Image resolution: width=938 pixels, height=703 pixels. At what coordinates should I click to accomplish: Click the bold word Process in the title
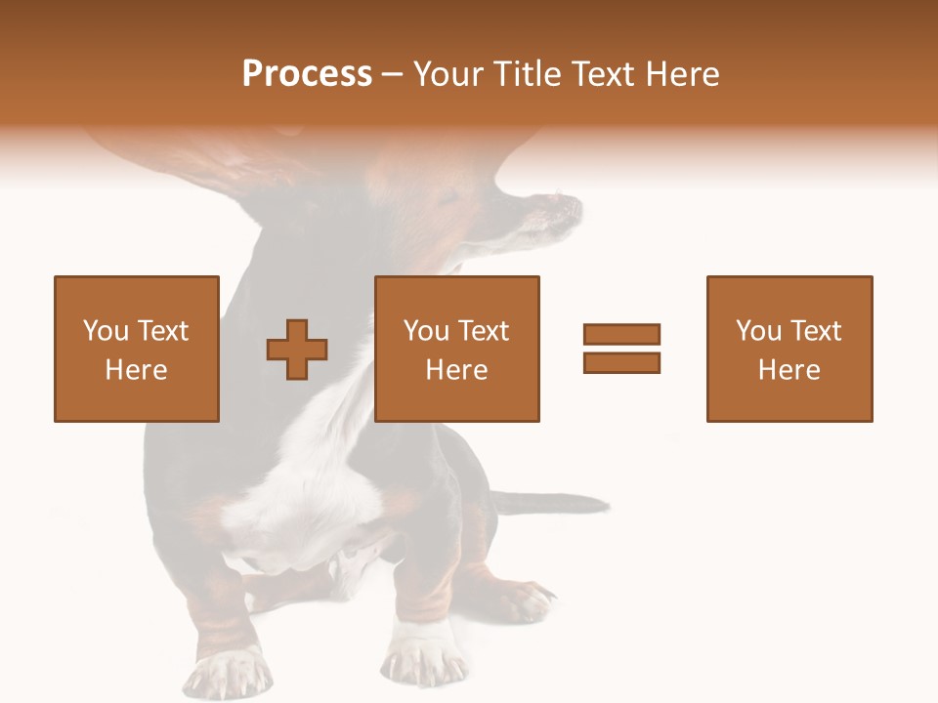pyautogui.click(x=307, y=74)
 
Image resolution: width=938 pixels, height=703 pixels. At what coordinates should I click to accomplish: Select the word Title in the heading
pyautogui.click(x=527, y=74)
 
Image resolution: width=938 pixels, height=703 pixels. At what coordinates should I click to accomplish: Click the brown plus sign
pyautogui.click(x=297, y=349)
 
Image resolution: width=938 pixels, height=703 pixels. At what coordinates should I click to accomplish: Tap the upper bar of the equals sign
pyautogui.click(x=621, y=334)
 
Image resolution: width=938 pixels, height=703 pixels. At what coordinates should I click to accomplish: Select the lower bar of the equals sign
pyautogui.click(x=621, y=362)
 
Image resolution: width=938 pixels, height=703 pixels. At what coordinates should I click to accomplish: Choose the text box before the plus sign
pyautogui.click(x=136, y=349)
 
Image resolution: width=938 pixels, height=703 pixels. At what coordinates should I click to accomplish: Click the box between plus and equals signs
pyautogui.click(x=456, y=349)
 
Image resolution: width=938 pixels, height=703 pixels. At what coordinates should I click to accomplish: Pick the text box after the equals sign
pyautogui.click(x=789, y=349)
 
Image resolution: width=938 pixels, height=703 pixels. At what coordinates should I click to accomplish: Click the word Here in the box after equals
pyautogui.click(x=789, y=370)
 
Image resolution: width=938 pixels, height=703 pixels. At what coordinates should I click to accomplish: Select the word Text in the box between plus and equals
pyautogui.click(x=484, y=331)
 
